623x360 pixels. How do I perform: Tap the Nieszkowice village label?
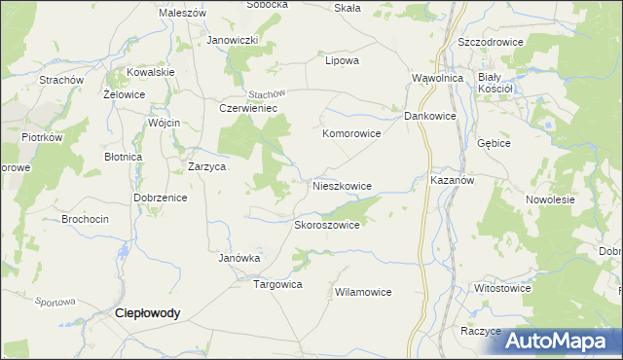[x=342, y=185]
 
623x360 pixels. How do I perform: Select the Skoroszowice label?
[x=327, y=225]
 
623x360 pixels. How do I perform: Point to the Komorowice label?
[x=350, y=133]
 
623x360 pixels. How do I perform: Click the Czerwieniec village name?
[x=249, y=109]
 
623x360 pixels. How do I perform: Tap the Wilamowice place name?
[x=362, y=292]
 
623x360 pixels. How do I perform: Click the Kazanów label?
[x=451, y=181]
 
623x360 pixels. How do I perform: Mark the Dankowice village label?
[x=430, y=116]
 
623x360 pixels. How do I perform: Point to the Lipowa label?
[x=342, y=60]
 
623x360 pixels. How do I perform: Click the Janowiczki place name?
[x=232, y=40]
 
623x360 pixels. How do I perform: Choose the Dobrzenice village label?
[x=160, y=197]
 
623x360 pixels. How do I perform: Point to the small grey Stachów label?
[x=264, y=93]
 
